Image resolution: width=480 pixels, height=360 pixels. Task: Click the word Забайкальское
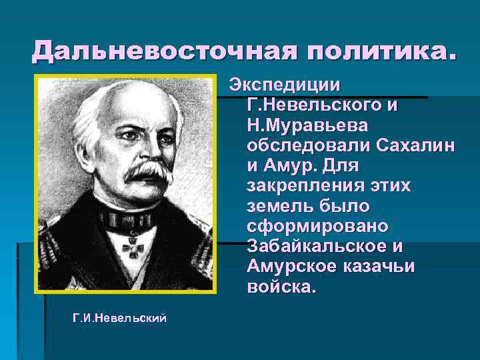tap(317, 246)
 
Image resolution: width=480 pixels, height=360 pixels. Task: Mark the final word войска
tap(278, 286)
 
